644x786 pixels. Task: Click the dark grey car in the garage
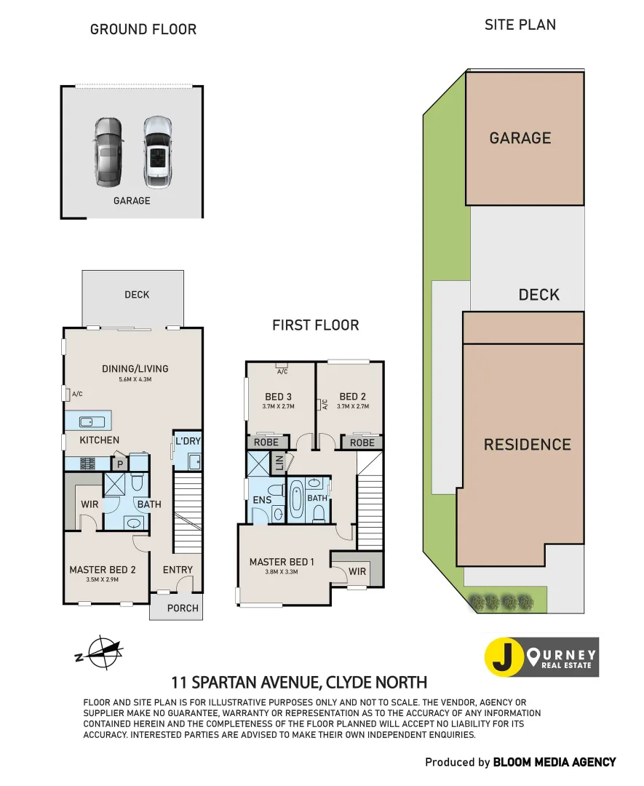pyautogui.click(x=108, y=152)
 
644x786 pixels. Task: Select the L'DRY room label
pyautogui.click(x=187, y=440)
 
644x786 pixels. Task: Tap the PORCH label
pyautogui.click(x=182, y=608)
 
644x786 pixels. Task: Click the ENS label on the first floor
pyautogui.click(x=262, y=500)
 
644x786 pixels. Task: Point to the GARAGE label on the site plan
pyautogui.click(x=520, y=138)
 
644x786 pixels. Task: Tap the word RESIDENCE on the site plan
pyautogui.click(x=527, y=444)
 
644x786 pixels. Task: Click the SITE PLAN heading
pyautogui.click(x=520, y=25)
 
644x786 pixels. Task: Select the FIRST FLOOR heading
pyautogui.click(x=315, y=325)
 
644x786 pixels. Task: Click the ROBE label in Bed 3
pyautogui.click(x=266, y=442)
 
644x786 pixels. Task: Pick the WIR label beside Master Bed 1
pyautogui.click(x=357, y=571)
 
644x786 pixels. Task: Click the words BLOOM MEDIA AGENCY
pyautogui.click(x=554, y=762)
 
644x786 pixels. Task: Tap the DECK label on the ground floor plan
pyautogui.click(x=137, y=295)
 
